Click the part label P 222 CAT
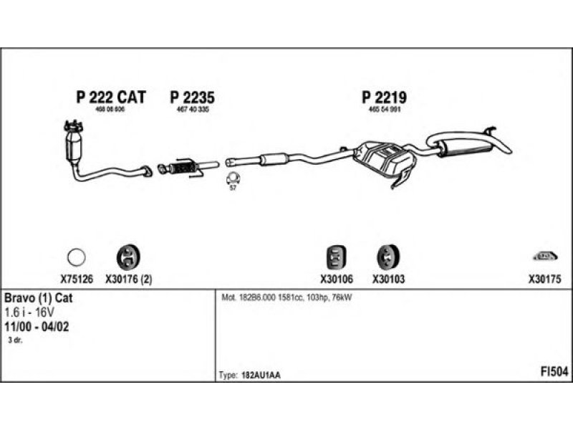[110, 97]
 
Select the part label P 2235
[192, 97]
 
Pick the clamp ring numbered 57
[233, 178]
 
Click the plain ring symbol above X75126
[76, 256]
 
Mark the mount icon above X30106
[335, 256]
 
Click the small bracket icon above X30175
[544, 255]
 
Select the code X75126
[76, 280]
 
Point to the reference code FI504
[554, 371]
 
